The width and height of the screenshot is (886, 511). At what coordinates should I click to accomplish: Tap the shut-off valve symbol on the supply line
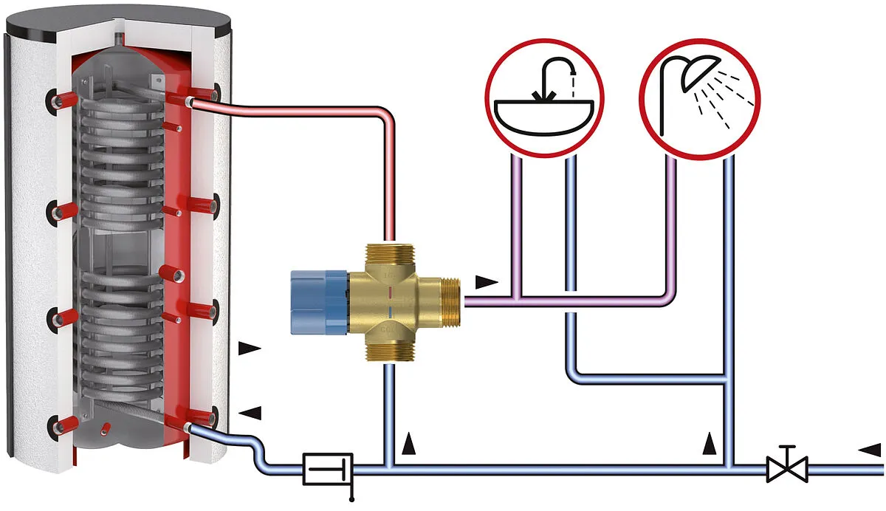[x=787, y=467]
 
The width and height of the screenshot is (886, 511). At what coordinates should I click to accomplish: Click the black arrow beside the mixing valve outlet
[x=487, y=281]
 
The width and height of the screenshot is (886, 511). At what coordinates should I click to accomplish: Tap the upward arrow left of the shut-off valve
[x=710, y=443]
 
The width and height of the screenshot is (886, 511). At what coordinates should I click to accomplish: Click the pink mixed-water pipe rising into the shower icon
[x=671, y=222]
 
